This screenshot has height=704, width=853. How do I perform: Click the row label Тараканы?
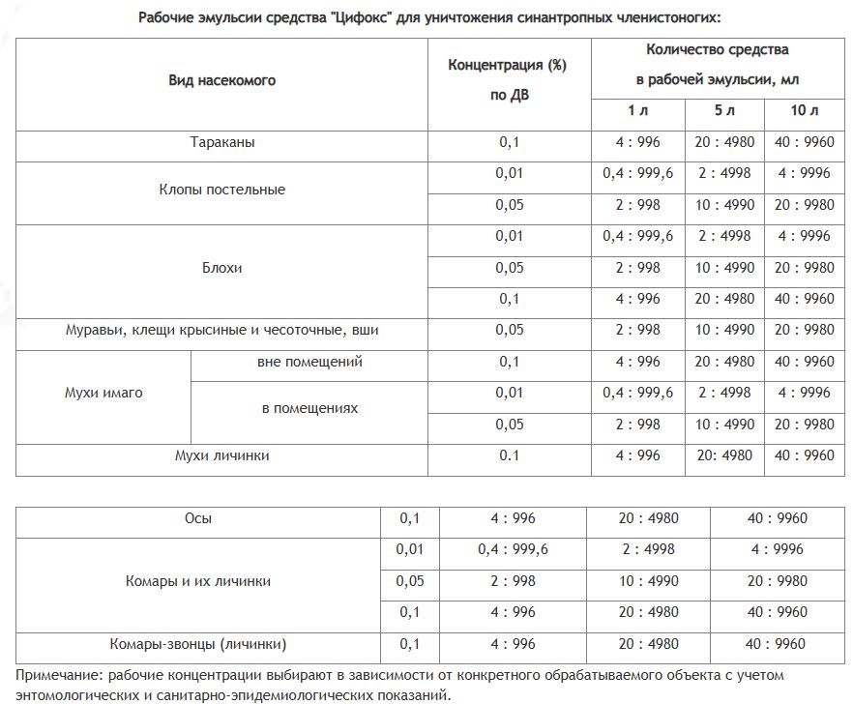click(221, 143)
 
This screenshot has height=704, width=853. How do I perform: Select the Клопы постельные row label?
click(221, 190)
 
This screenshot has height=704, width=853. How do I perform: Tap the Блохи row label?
click(221, 268)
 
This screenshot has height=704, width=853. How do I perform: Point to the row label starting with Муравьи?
click(221, 330)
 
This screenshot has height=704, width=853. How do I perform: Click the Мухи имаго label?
click(103, 393)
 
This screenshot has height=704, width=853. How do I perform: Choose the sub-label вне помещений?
click(309, 362)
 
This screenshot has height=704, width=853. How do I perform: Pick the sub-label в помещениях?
click(309, 408)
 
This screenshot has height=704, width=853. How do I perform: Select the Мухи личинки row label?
click(221, 455)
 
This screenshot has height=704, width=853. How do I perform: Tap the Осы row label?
click(198, 518)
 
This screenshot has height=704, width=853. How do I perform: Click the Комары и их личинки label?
click(198, 581)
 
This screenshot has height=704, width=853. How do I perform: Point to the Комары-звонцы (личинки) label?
click(198, 643)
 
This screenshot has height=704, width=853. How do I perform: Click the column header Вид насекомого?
click(221, 80)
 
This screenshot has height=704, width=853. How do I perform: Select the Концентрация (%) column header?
click(508, 65)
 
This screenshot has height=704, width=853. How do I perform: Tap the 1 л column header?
click(637, 111)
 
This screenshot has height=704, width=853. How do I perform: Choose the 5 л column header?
click(724, 111)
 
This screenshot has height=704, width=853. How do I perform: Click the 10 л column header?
click(804, 111)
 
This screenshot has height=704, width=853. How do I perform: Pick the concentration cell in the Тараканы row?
click(509, 143)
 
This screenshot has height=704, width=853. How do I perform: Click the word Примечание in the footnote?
click(59, 674)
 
